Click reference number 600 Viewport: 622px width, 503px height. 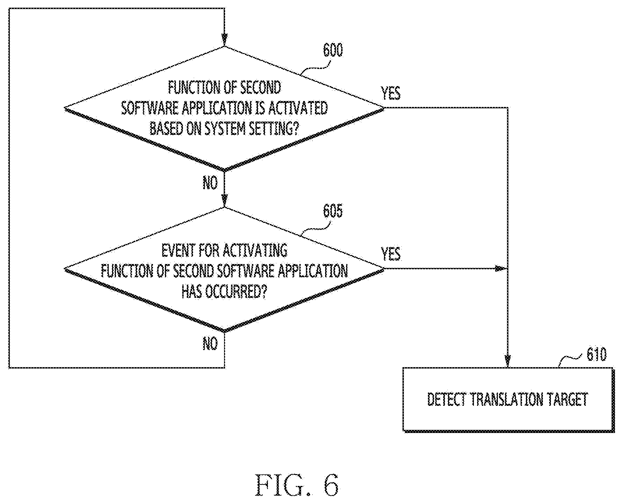pyautogui.click(x=333, y=50)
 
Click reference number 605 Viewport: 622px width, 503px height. pyautogui.click(x=333, y=211)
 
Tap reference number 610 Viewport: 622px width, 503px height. pyautogui.click(x=597, y=355)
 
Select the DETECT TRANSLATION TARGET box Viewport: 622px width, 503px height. pyautogui.click(x=508, y=400)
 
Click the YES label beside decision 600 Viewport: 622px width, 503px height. pyautogui.click(x=391, y=93)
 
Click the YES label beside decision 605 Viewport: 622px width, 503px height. pyautogui.click(x=391, y=254)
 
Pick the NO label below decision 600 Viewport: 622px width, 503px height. pyautogui.click(x=210, y=183)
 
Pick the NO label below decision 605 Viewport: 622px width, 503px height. pyautogui.click(x=210, y=344)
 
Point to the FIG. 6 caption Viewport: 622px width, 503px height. pyautogui.click(x=297, y=485)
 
